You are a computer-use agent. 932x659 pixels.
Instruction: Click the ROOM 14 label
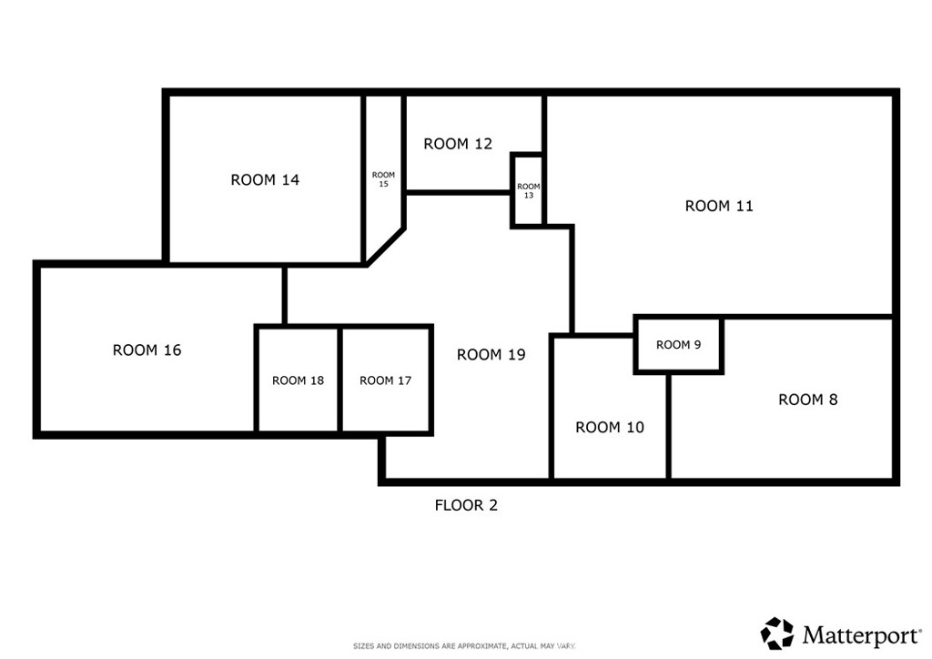coord(265,180)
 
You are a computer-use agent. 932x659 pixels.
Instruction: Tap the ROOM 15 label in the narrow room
coord(383,179)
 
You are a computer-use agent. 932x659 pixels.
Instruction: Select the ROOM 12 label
coord(458,144)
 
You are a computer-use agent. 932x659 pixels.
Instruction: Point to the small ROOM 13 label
coord(528,191)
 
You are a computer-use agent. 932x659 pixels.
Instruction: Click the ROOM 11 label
coord(719,207)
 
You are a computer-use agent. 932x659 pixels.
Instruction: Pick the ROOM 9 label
coord(678,345)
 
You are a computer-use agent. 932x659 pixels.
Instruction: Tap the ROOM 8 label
coord(807,400)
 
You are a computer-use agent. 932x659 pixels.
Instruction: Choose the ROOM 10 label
coord(610,428)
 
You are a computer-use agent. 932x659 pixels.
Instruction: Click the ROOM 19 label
coord(491,355)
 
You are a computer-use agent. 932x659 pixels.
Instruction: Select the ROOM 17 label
coord(385,380)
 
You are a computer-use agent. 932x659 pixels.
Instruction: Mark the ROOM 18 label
coord(298,380)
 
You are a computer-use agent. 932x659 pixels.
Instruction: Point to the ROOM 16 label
coord(147,350)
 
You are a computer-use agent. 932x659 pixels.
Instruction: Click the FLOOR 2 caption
coord(466,505)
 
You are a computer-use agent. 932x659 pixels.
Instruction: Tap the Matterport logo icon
coord(776,633)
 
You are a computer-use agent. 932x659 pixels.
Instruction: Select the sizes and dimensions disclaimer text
coord(465,646)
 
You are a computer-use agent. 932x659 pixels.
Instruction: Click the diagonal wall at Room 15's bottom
coord(385,246)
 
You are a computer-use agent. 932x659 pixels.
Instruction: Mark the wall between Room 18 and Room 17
coord(340,380)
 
